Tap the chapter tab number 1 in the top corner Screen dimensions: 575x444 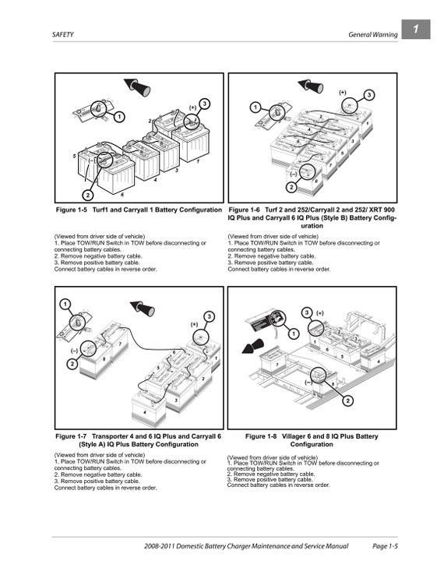click(x=416, y=30)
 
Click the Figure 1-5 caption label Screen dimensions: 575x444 click(x=72, y=210)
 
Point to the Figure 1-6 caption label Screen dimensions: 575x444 click(x=246, y=210)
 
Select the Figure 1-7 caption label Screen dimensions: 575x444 click(x=72, y=436)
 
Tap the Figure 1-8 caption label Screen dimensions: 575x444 click(x=263, y=436)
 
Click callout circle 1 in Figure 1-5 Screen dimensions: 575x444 click(x=119, y=117)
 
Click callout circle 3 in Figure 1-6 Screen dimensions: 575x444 click(x=369, y=95)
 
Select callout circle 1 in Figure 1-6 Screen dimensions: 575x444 click(x=255, y=107)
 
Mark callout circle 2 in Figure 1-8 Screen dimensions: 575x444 click(x=347, y=400)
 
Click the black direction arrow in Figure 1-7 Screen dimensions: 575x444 click(x=143, y=308)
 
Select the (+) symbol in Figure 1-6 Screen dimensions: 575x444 click(x=343, y=92)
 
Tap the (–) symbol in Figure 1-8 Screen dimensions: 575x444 click(x=308, y=383)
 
